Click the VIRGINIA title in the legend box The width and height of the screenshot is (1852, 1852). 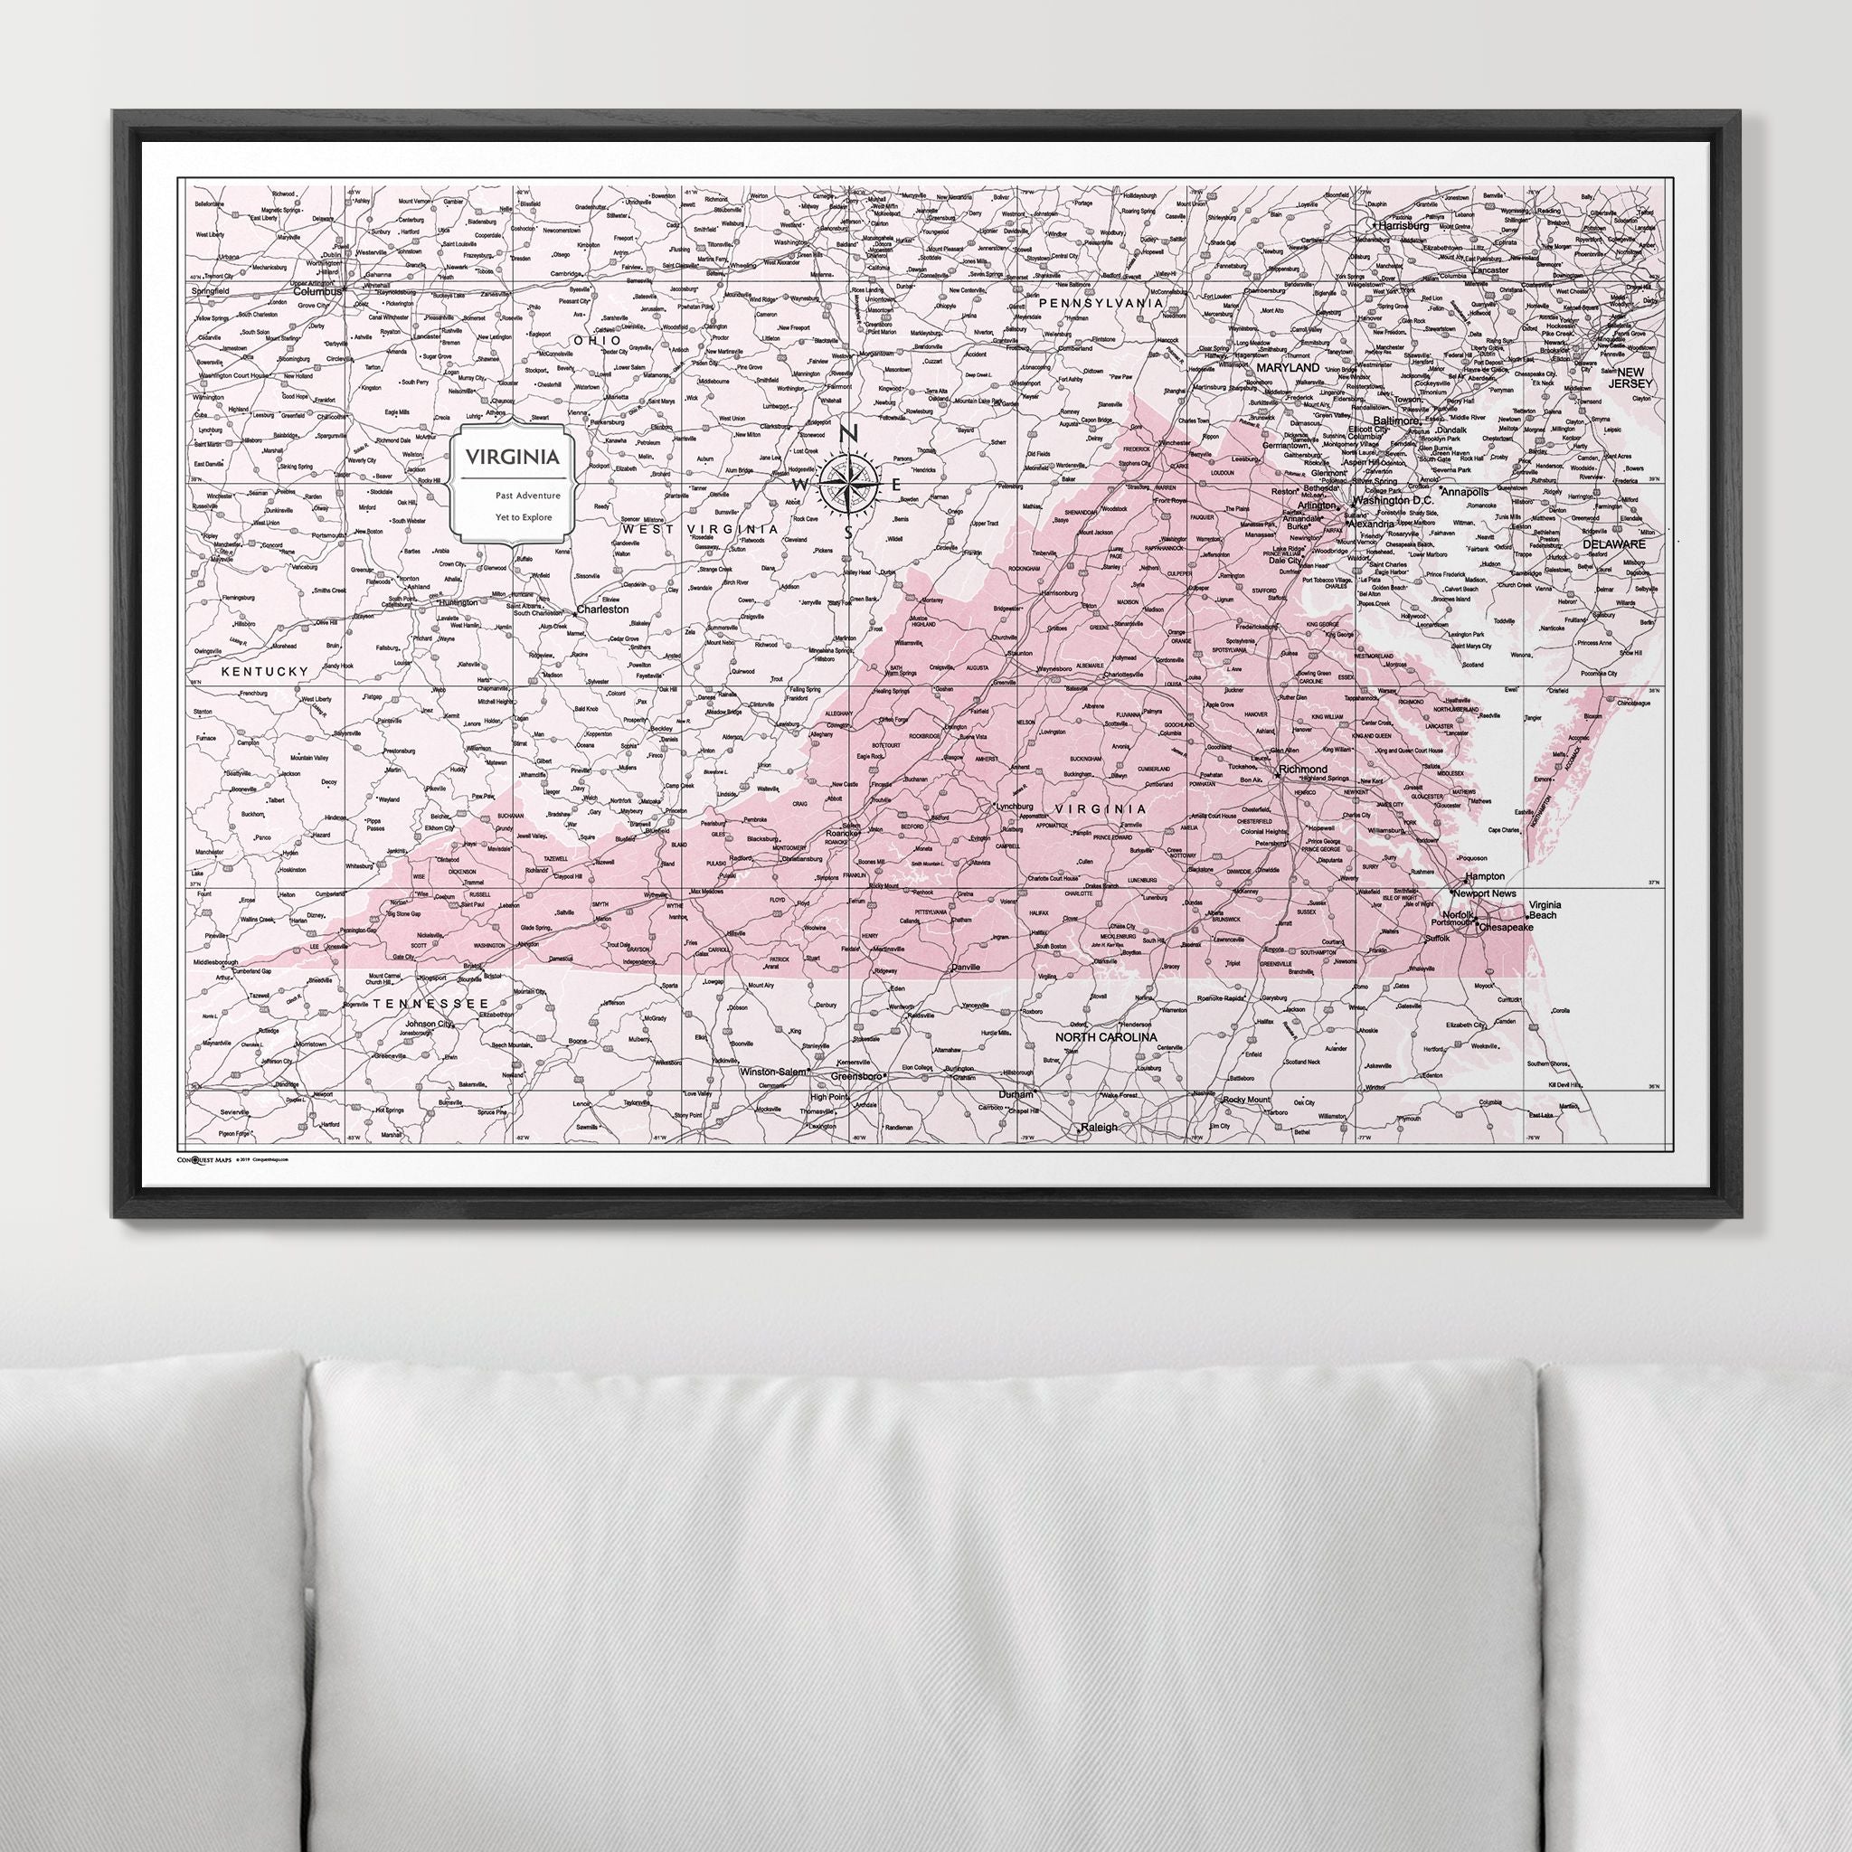(x=512, y=458)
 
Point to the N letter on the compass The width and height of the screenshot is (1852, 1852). (x=848, y=435)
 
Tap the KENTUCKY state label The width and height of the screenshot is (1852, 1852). (x=265, y=672)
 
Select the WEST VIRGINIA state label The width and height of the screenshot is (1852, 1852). (x=700, y=529)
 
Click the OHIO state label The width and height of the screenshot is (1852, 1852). (x=596, y=340)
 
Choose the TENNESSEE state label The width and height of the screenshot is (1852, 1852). (x=430, y=1003)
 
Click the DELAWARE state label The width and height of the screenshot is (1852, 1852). (x=1613, y=543)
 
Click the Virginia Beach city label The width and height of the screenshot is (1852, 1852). (x=1545, y=910)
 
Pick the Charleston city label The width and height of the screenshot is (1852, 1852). (x=602, y=609)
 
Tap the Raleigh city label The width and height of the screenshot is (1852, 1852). (x=1099, y=1128)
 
